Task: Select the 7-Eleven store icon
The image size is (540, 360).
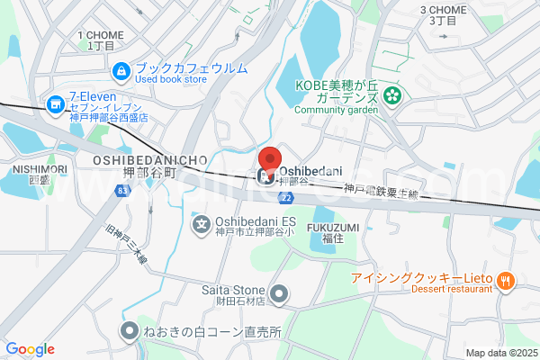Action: click(x=56, y=105)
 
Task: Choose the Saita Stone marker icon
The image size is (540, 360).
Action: click(x=279, y=292)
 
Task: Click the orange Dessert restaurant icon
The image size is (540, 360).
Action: click(x=506, y=280)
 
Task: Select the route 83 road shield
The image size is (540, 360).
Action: click(x=122, y=191)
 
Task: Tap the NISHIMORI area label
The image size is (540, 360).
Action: click(x=40, y=169)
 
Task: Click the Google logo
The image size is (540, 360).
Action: click(x=30, y=349)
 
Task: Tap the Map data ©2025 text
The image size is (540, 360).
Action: click(x=500, y=353)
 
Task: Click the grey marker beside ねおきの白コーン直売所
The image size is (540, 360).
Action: click(x=129, y=331)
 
